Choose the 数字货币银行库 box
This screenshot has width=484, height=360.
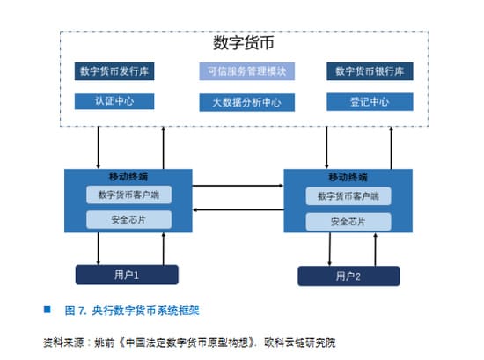point(370,71)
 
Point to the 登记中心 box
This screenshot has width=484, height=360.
point(370,102)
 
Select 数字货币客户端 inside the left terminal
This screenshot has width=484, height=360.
point(128,195)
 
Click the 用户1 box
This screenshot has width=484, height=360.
point(127,275)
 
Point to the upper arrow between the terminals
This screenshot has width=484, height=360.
point(238,187)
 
